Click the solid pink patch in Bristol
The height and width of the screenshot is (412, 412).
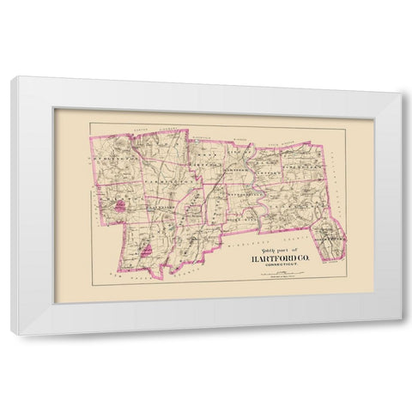(124, 204)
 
